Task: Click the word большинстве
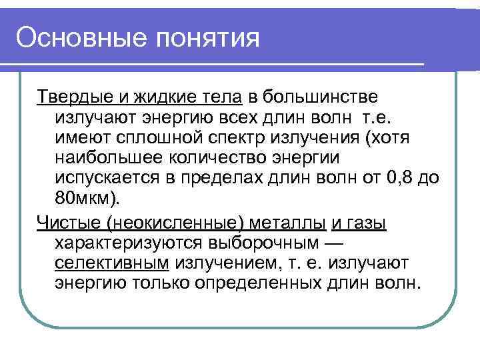point(320,97)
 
